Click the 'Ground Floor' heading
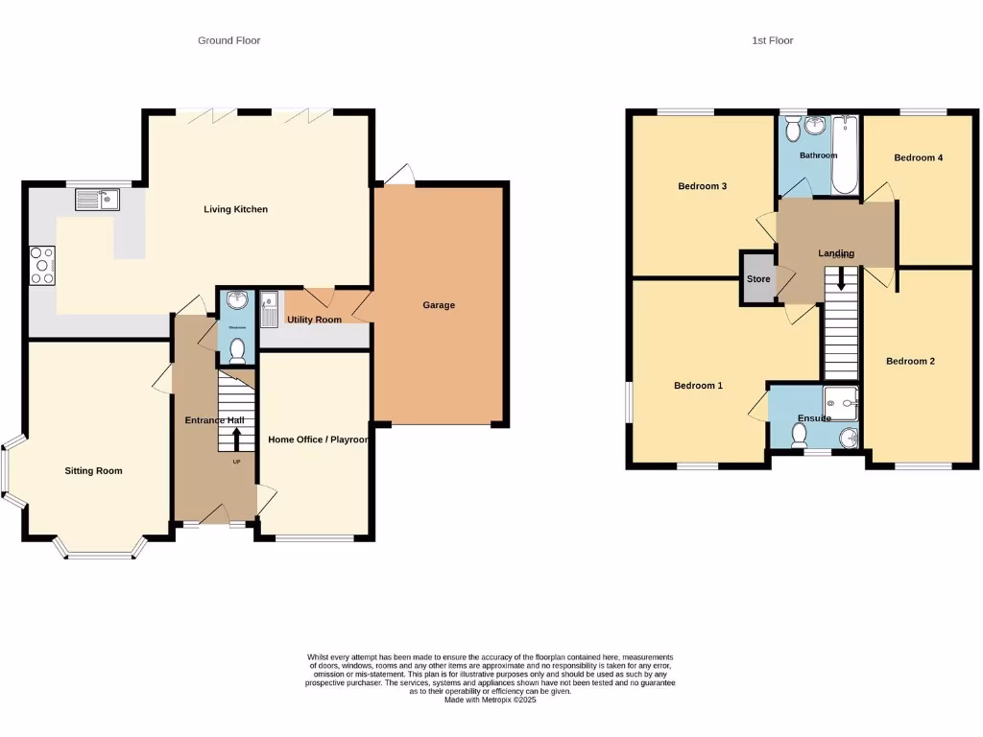228,40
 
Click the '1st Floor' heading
773,40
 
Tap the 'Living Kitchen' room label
235,209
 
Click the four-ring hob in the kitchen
43,265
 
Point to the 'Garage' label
439,305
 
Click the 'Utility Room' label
314,320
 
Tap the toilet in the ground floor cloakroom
236,351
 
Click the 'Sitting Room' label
93,471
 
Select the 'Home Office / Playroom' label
318,440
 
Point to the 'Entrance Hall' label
214,420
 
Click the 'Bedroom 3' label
701,186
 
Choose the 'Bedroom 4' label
918,157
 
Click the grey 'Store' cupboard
758,279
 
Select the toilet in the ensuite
798,435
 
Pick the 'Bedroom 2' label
910,362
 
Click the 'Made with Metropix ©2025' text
490,701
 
